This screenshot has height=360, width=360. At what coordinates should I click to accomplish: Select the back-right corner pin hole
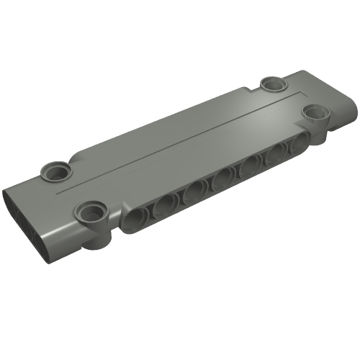(x=272, y=83)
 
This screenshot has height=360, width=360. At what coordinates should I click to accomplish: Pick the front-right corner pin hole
(x=314, y=114)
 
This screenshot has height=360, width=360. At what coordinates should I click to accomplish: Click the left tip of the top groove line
(x=58, y=194)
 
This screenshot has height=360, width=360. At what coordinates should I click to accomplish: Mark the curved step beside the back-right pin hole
(x=252, y=89)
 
